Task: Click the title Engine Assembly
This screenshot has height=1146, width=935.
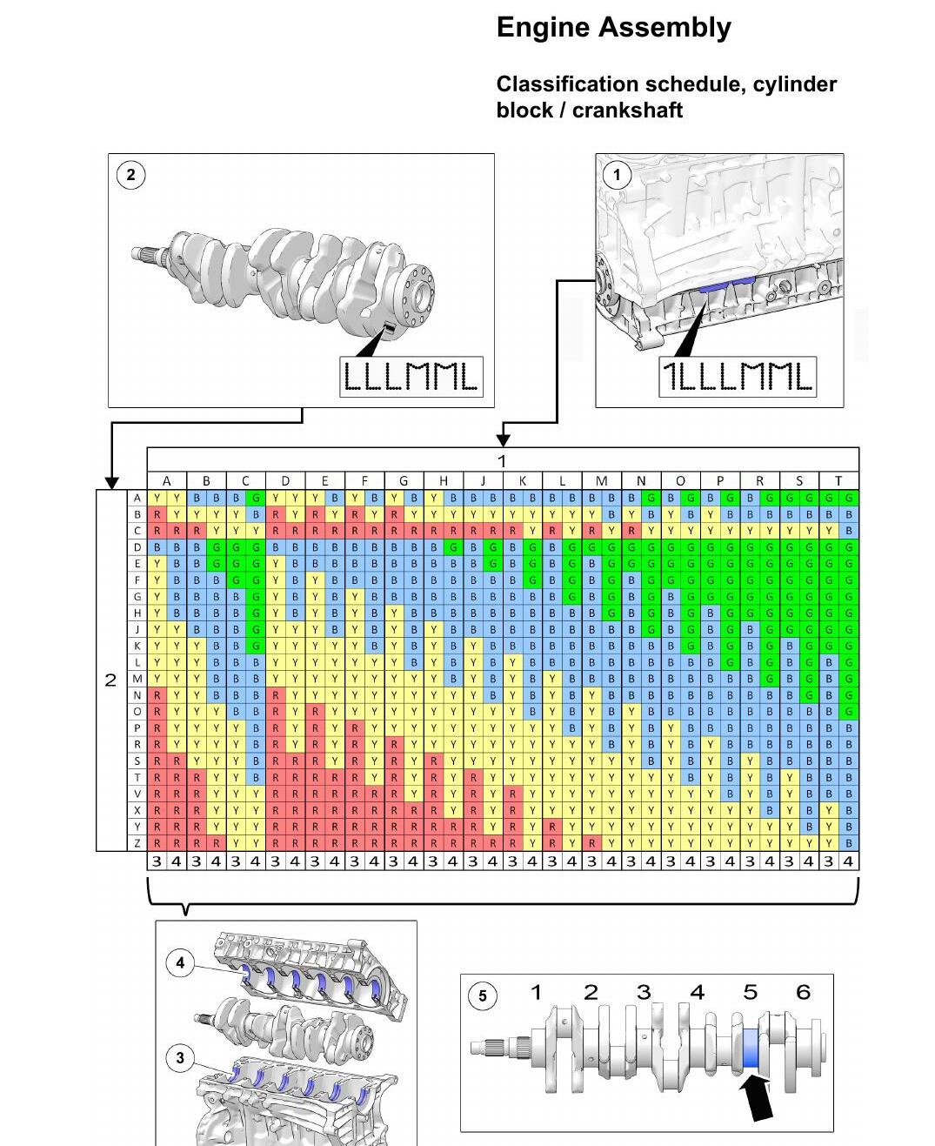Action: tap(613, 28)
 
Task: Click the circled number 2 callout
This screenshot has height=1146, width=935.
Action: tap(130, 175)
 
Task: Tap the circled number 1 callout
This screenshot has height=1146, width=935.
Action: tap(616, 175)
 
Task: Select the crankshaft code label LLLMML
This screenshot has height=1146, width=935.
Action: tap(411, 377)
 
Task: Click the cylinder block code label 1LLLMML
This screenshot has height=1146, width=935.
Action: tap(738, 377)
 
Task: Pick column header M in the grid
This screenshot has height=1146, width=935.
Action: tap(601, 481)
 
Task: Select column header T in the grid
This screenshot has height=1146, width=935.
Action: tap(838, 481)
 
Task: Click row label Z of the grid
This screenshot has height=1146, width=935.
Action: tap(137, 843)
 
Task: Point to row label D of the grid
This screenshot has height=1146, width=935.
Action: tap(137, 547)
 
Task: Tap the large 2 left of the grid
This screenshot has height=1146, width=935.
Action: tap(110, 680)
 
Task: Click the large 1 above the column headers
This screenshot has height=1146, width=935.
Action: tap(502, 461)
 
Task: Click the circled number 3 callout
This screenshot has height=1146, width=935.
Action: tap(180, 1058)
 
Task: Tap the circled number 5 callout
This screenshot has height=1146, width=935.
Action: tap(482, 996)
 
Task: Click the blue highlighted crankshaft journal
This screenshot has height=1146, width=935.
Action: tap(750, 1048)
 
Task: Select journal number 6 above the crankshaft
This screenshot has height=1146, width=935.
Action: tap(803, 992)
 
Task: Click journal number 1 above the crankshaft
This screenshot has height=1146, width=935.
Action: tap(537, 992)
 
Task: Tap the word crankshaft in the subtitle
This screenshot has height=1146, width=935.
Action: tap(627, 111)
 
